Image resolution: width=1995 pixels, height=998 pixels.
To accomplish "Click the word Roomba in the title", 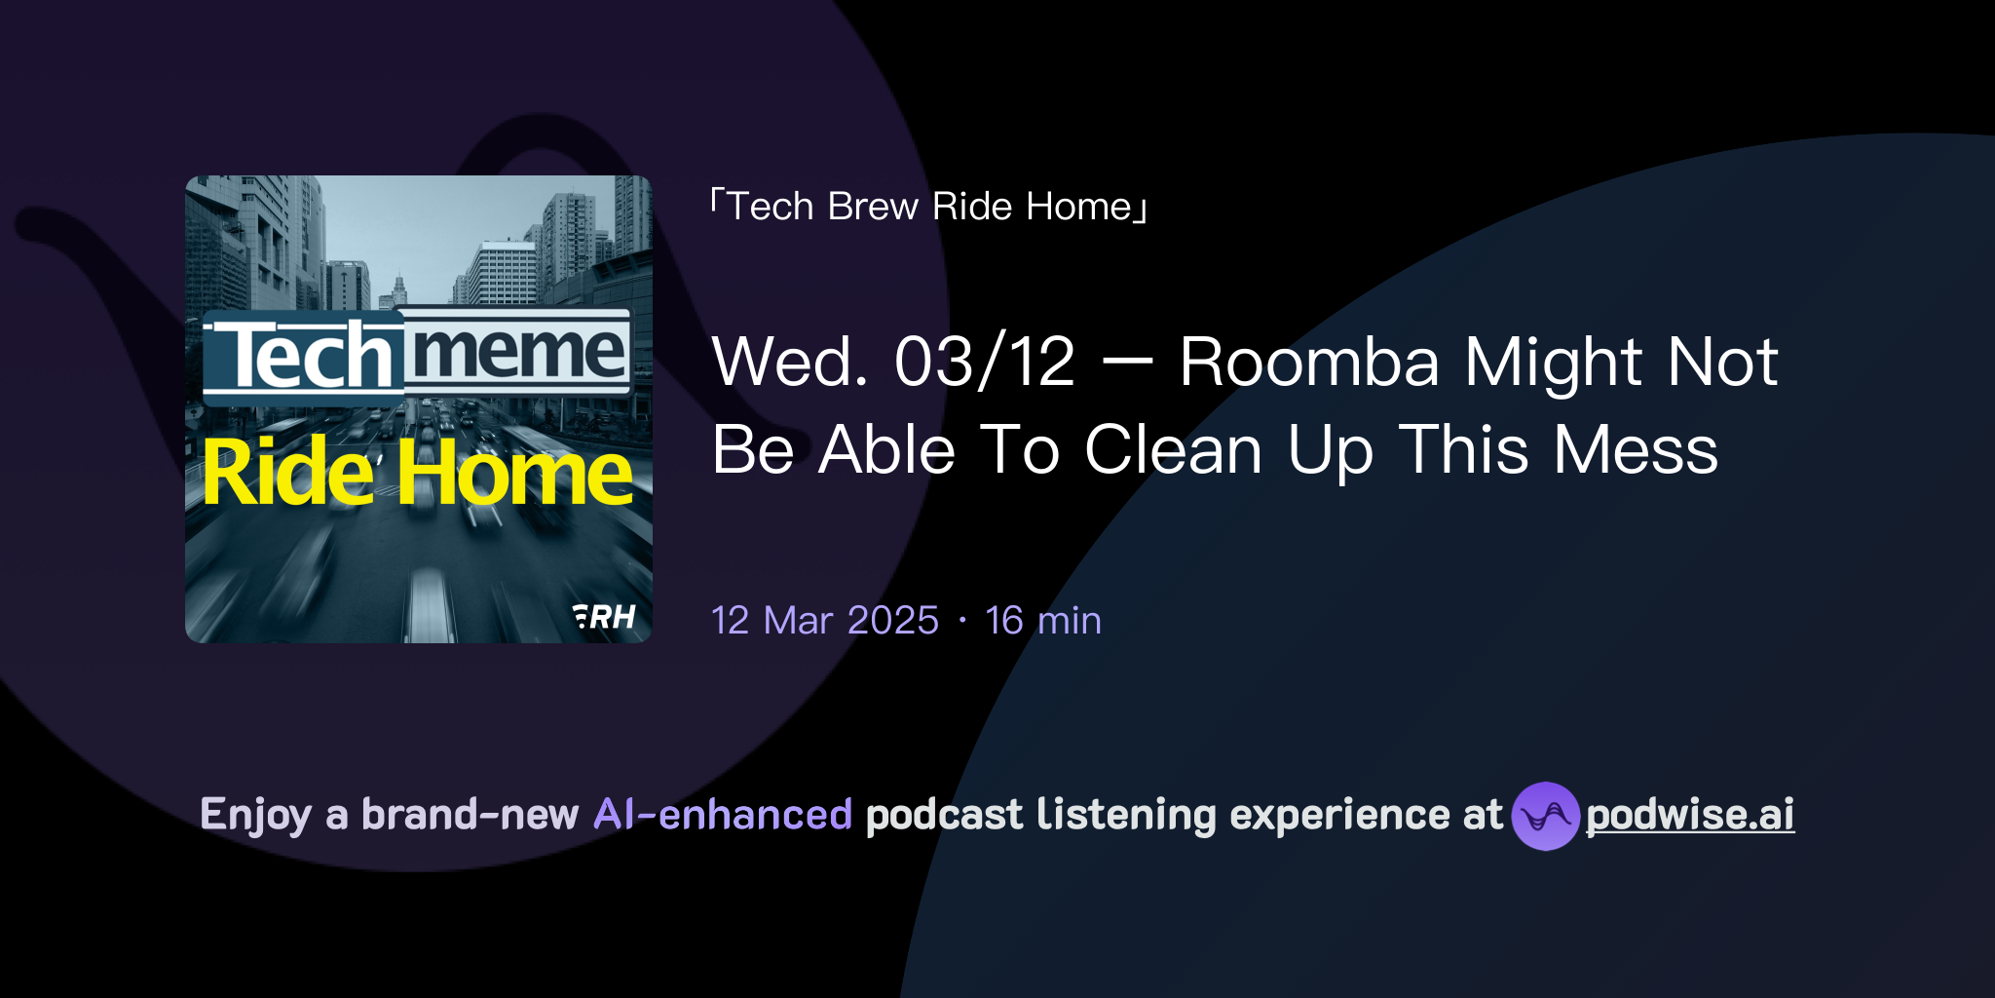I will (x=1309, y=363).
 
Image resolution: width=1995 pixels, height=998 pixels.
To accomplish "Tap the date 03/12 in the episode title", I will (x=985, y=363).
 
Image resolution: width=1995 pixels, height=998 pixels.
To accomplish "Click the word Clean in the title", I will (x=1173, y=450).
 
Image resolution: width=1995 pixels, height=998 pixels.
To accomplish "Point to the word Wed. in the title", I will (x=790, y=363).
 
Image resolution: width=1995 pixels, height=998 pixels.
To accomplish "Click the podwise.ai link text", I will (x=1690, y=815).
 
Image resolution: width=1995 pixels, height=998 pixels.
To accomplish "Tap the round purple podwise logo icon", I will (x=1545, y=816).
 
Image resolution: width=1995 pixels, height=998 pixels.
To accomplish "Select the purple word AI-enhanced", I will (x=723, y=815).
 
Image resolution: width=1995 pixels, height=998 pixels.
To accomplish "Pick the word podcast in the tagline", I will (x=944, y=815).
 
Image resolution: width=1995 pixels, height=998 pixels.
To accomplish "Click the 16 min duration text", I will (x=1043, y=621).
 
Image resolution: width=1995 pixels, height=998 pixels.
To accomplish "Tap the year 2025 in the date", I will (x=893, y=621).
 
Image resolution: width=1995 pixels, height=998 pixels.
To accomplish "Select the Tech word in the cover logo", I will (x=304, y=357).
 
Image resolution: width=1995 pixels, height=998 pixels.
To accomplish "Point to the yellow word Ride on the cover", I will (x=288, y=474).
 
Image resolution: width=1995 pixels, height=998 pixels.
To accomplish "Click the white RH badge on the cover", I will (x=605, y=617).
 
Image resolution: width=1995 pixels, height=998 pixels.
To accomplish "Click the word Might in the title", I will (x=1554, y=363).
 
